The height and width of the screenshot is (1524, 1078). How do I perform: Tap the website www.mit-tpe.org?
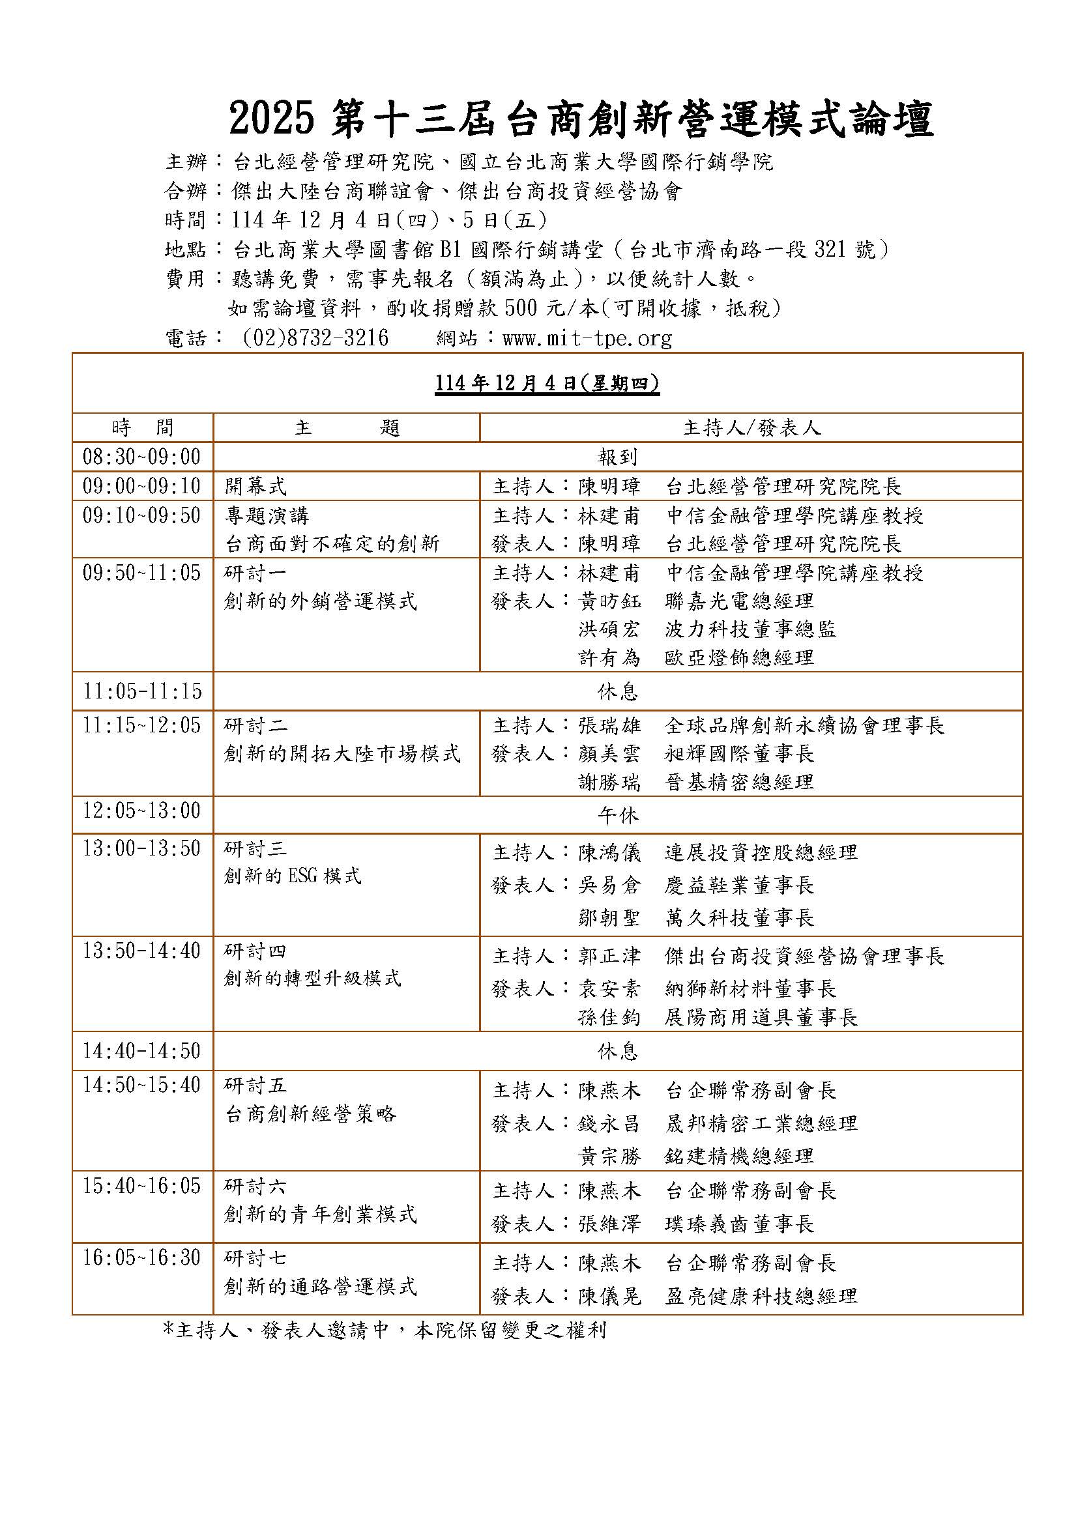(x=587, y=339)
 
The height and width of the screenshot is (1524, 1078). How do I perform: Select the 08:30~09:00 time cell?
(x=141, y=457)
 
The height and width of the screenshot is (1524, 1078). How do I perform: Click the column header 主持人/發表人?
(x=751, y=428)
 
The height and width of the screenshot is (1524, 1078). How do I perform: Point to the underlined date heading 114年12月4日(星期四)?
(x=547, y=384)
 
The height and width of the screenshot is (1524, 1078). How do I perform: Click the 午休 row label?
(x=617, y=815)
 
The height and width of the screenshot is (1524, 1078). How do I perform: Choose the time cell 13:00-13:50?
(x=141, y=849)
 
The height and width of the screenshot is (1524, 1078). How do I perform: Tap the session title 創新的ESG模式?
(x=293, y=876)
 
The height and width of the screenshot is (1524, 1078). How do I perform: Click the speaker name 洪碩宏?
(x=609, y=629)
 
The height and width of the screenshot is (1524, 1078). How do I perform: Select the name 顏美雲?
(x=609, y=754)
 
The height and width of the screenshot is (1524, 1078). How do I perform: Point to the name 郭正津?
(x=609, y=956)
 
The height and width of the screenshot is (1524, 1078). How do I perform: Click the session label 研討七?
(x=255, y=1258)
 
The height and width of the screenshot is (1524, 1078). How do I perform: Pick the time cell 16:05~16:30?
(x=141, y=1258)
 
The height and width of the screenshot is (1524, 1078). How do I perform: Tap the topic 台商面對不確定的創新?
(x=332, y=544)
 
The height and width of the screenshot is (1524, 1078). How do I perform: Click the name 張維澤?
(x=609, y=1224)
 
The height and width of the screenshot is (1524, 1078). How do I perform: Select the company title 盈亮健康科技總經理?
(x=761, y=1296)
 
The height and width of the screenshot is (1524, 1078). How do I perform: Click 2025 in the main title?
(x=271, y=120)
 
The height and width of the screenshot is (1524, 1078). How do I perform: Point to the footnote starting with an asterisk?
(x=385, y=1331)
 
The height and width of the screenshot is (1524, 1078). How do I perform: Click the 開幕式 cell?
(x=255, y=487)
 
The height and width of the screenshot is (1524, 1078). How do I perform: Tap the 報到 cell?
(x=617, y=457)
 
